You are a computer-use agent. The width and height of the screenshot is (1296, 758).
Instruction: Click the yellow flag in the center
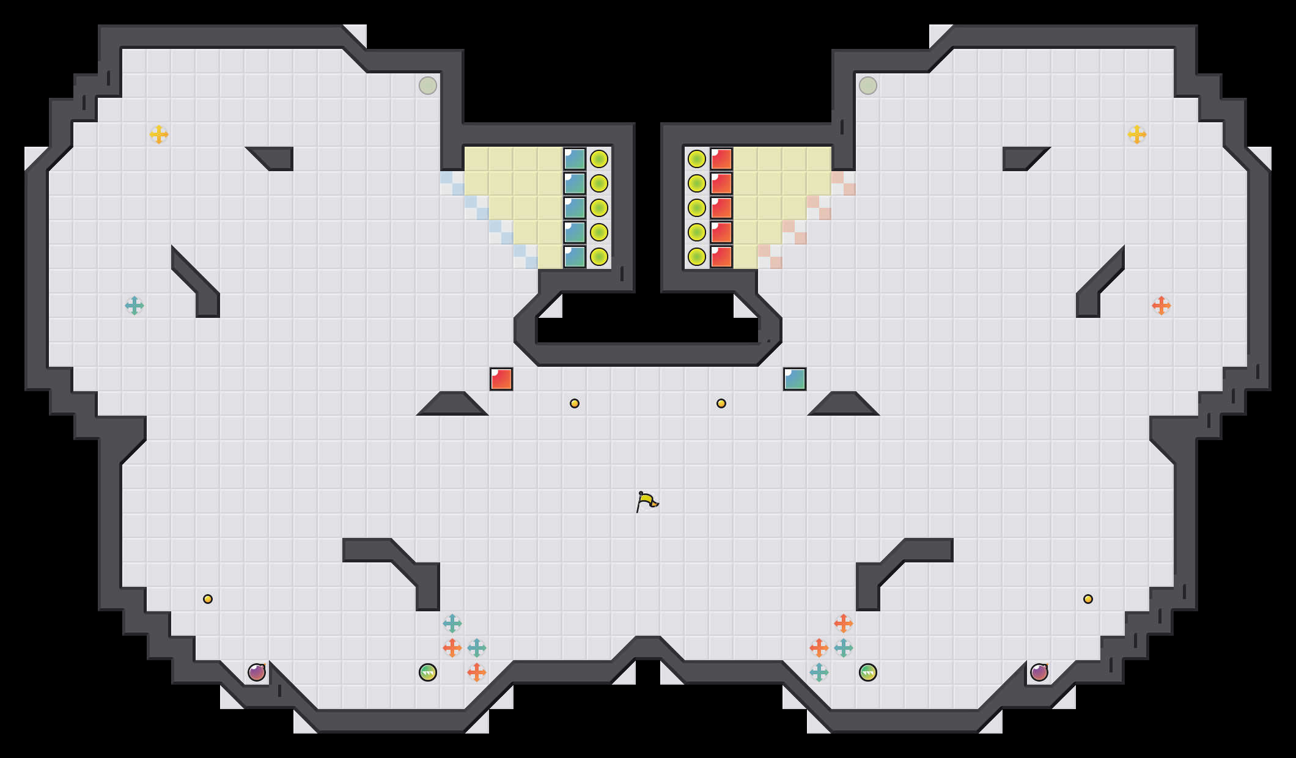click(x=647, y=501)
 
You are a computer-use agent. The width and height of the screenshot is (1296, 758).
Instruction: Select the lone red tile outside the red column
click(x=501, y=379)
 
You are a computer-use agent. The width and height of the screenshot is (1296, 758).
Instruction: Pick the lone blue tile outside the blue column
click(x=795, y=379)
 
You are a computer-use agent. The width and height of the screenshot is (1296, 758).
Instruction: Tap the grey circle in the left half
click(x=428, y=86)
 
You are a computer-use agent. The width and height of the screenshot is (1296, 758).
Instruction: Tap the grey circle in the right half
click(x=868, y=86)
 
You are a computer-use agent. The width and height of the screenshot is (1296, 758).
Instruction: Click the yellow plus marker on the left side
click(x=159, y=134)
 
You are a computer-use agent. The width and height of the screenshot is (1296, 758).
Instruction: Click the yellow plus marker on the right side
click(x=1137, y=134)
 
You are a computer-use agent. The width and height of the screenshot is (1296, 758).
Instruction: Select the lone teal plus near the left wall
click(x=134, y=306)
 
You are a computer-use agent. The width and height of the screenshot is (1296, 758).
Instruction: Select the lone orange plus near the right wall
click(x=1162, y=306)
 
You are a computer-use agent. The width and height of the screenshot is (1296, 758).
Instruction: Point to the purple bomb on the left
click(x=257, y=672)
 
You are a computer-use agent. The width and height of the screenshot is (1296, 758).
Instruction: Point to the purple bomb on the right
click(x=1039, y=672)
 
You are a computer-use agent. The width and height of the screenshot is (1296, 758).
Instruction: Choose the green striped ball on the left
click(x=428, y=672)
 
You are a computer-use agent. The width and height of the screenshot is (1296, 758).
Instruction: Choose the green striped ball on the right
click(x=868, y=672)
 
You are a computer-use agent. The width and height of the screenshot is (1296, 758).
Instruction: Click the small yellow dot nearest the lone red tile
click(x=575, y=403)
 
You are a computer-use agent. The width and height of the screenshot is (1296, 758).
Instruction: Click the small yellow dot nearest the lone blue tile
click(x=721, y=403)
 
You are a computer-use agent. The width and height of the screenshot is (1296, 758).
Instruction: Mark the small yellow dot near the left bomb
click(x=208, y=599)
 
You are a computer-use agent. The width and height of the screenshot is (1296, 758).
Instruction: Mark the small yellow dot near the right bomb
click(x=1088, y=599)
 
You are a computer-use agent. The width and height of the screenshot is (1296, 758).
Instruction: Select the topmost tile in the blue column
click(x=575, y=159)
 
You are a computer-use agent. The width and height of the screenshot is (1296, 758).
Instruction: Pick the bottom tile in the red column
click(x=721, y=257)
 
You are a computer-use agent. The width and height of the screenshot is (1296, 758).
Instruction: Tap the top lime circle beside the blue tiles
click(x=599, y=159)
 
